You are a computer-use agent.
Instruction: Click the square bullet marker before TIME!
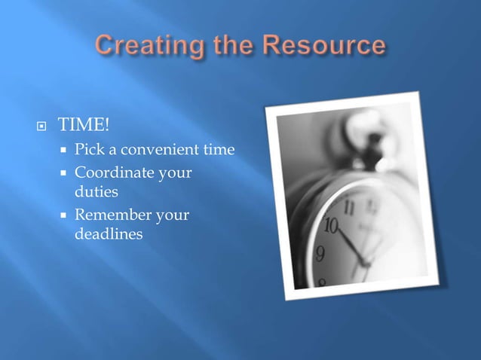43,126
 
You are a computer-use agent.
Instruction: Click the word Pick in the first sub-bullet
87,151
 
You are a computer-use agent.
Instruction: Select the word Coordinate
111,173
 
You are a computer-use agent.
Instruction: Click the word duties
96,192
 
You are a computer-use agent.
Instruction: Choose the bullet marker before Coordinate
65,174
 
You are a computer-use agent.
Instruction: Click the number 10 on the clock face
332,226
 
